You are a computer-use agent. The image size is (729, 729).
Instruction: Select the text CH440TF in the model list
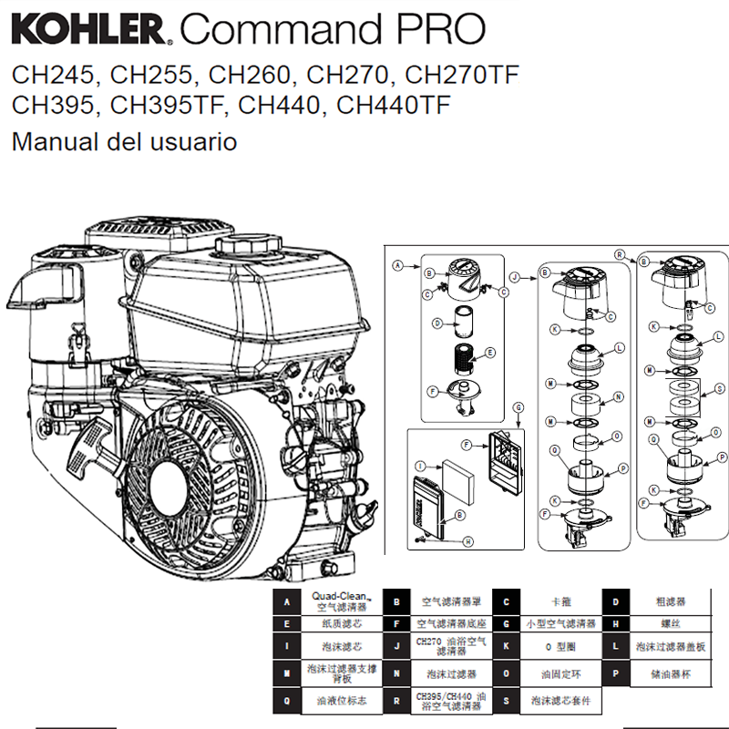coord(394,105)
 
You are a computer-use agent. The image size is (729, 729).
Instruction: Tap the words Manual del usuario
coord(125,142)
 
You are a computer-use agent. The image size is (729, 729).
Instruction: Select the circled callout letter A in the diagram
coord(397,265)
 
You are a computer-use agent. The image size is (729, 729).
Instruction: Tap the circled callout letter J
coord(514,275)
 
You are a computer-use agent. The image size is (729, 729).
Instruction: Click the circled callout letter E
coord(490,353)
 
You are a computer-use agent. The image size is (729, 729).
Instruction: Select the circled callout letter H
coord(467,540)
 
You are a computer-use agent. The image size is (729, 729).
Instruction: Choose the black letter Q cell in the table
coord(288,701)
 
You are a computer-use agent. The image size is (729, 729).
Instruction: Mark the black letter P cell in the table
coord(616,673)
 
